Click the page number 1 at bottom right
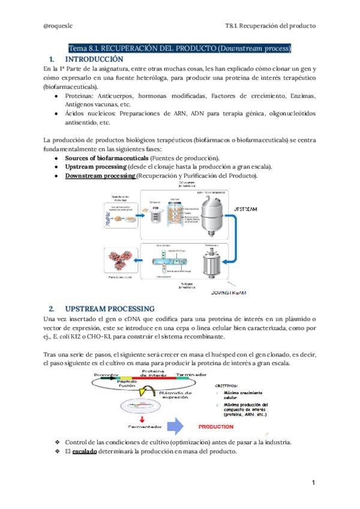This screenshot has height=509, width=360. click(313, 482)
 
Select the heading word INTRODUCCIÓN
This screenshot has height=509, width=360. click(94, 59)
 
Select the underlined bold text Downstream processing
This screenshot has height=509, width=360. click(100, 175)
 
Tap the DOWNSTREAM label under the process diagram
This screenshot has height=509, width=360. click(234, 293)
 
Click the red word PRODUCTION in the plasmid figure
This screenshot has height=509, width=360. click(215, 427)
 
